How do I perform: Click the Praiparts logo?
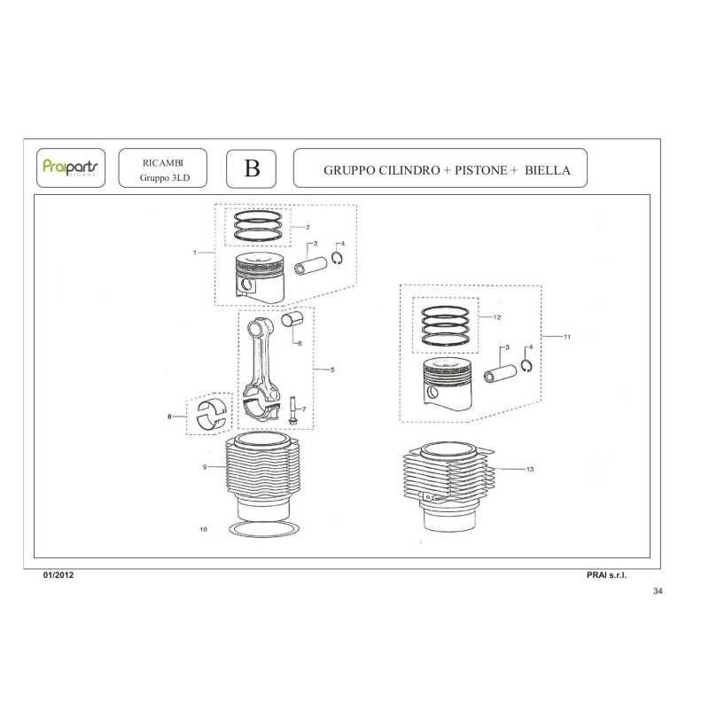point(70,167)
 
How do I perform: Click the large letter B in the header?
point(252,168)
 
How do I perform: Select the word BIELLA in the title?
point(547,170)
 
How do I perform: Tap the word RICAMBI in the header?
point(163,163)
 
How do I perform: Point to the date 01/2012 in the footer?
point(58,575)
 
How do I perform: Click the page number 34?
point(658,591)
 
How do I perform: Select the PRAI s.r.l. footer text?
point(606,575)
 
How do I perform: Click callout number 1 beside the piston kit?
point(195,253)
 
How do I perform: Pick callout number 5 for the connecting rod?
point(332,370)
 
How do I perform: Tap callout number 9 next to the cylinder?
point(205,467)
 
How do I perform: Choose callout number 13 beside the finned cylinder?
point(530,470)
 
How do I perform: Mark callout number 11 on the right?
point(567,337)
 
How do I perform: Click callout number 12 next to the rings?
point(497,317)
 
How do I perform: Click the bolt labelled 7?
point(292,410)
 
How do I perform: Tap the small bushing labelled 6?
point(292,320)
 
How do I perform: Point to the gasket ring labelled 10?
point(264,529)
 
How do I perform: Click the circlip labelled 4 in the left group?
point(337,258)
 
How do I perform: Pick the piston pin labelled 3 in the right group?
point(500,373)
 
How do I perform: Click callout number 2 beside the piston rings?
point(308,228)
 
